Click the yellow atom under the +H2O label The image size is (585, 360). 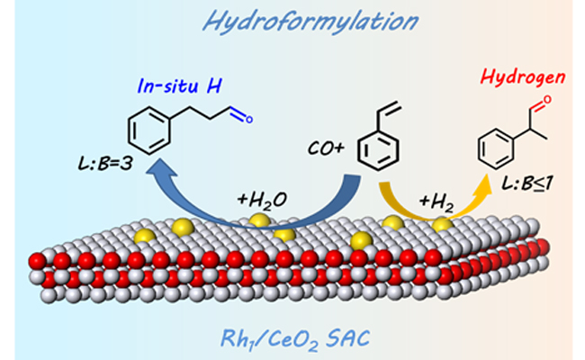click(260, 220)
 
